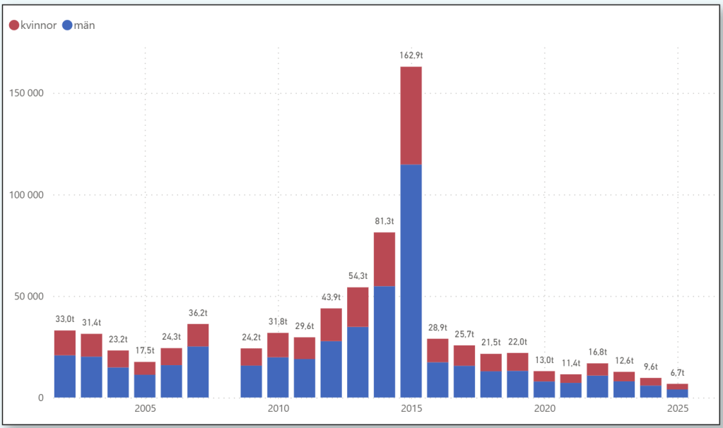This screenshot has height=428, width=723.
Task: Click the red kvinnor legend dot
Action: [14, 25]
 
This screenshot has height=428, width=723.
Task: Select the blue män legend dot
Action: [68, 25]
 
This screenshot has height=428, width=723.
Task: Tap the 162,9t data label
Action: [411, 55]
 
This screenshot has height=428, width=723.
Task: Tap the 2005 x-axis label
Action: [145, 408]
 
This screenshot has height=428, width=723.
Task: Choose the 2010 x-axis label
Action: [278, 408]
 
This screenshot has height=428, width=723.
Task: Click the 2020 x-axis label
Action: [544, 408]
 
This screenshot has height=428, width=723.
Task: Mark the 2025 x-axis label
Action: [677, 408]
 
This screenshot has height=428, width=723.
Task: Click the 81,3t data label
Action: [384, 221]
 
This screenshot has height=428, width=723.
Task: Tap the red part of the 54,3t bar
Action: [358, 307]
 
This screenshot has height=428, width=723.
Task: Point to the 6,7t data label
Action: [677, 373]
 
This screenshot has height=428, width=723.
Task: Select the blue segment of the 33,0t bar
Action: [65, 376]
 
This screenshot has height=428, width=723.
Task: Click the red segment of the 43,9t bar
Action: [331, 324]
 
